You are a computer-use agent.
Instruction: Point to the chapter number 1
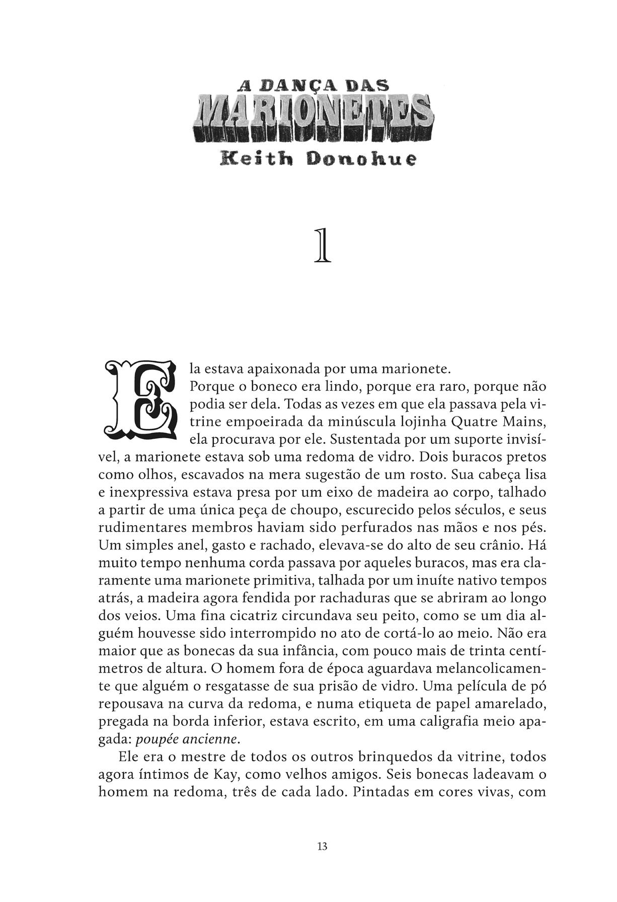322,246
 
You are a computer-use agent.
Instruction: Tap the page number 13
323,846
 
